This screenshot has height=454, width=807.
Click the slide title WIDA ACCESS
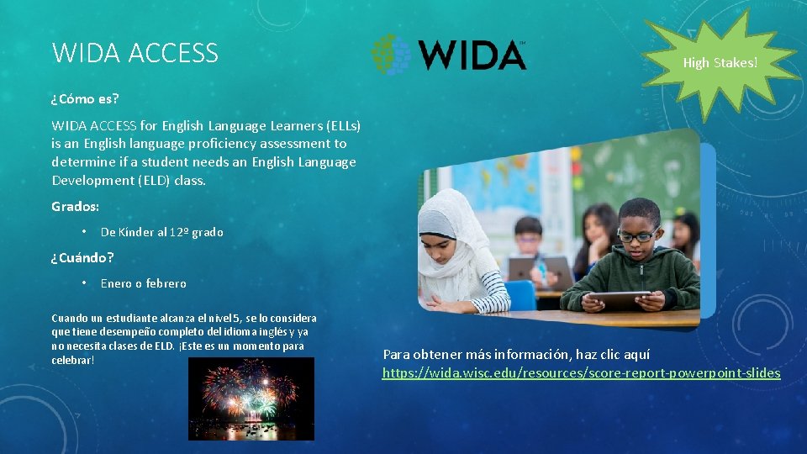(134, 53)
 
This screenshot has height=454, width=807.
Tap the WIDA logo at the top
(449, 54)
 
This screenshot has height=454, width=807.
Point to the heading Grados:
(75, 206)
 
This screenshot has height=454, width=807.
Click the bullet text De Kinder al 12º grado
(161, 232)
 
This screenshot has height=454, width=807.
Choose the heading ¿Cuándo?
(82, 257)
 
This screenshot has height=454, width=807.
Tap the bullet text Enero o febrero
(143, 283)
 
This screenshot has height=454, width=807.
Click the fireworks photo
(251, 399)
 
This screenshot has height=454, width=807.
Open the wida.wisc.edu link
(581, 372)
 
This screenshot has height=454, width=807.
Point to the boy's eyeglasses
(638, 236)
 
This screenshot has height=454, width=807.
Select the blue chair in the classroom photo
(520, 295)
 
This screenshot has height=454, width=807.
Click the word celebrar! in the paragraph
(72, 360)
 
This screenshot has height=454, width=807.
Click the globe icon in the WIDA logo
(392, 55)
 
